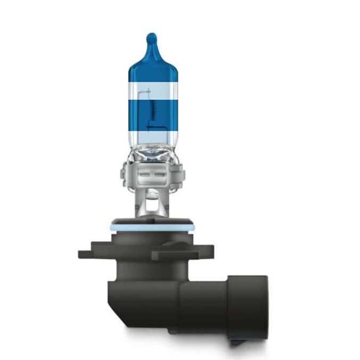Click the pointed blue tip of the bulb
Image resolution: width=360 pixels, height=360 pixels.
pos(151,38)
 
